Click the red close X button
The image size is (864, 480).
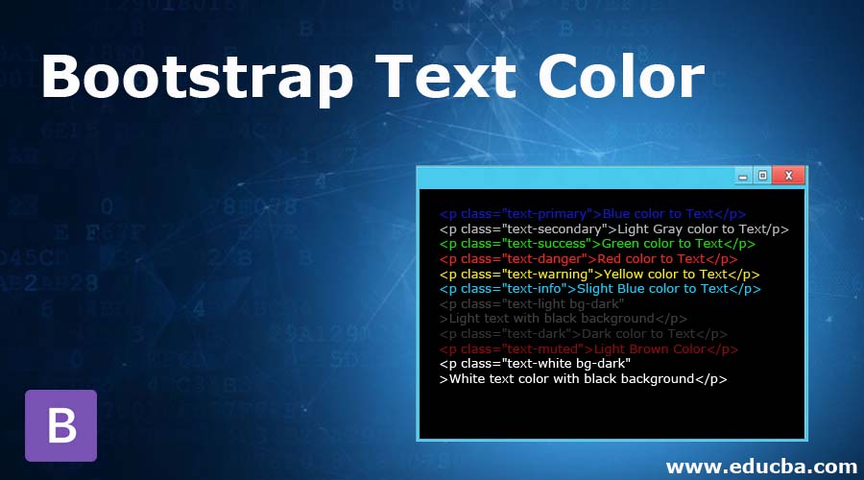point(788,176)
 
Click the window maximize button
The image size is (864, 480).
point(762,176)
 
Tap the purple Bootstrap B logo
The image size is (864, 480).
point(60,425)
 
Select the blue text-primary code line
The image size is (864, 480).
point(592,214)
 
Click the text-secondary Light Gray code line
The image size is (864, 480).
point(613,228)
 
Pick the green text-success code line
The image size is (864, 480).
point(597,244)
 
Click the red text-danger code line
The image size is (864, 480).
point(588,258)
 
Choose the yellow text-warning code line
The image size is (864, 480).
point(599,274)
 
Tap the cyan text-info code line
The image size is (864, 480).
point(599,288)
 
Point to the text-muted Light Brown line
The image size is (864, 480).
point(588,348)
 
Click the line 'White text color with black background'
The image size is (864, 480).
point(583,378)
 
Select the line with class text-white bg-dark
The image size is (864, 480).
point(535,364)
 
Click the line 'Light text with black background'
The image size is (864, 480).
point(563,318)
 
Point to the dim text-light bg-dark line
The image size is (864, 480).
point(532,303)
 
